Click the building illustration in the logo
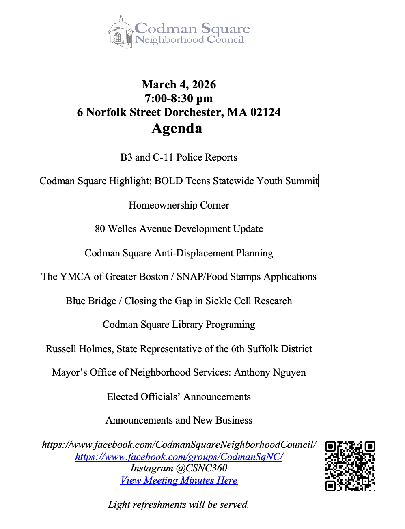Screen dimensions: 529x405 pos(120,32)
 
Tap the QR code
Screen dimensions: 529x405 pos(350,466)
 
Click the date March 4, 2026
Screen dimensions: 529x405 pos(179,84)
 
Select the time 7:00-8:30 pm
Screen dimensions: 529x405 pos(179,98)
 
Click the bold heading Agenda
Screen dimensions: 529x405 pos(177,128)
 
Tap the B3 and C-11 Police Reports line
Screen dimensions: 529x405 pos(179,157)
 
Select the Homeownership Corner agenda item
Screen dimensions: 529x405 pos(179,205)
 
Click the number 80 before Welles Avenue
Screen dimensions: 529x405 pos(100,229)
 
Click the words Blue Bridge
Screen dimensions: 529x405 pos(91,301)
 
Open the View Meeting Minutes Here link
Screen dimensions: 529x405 pos(179,480)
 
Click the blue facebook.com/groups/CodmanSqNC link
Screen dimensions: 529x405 pos(179,457)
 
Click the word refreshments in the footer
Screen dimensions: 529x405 pos(159,505)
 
